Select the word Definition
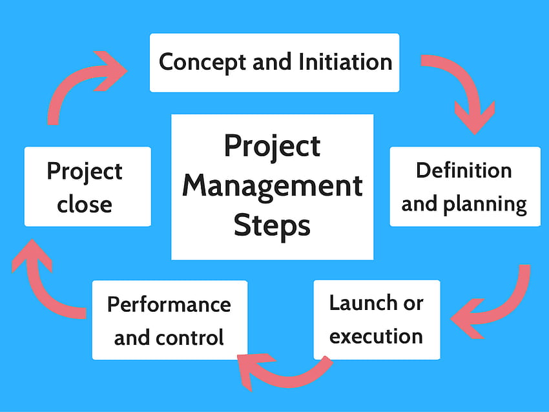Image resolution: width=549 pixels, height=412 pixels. (464, 170)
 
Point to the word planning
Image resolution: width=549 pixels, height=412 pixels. (485, 205)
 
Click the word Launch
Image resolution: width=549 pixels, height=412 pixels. (363, 303)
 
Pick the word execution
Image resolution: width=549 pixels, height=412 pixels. (376, 336)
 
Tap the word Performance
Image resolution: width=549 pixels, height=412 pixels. (169, 305)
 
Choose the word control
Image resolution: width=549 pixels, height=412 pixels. (190, 338)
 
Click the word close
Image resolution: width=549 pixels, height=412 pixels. (85, 205)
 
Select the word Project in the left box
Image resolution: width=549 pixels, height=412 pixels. (85, 172)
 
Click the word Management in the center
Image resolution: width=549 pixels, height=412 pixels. (273, 187)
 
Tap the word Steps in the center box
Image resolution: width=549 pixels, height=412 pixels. (272, 225)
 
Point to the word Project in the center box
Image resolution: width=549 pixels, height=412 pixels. (273, 147)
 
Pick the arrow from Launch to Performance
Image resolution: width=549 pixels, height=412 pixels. (284, 375)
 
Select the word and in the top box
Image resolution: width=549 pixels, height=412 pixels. (272, 62)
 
